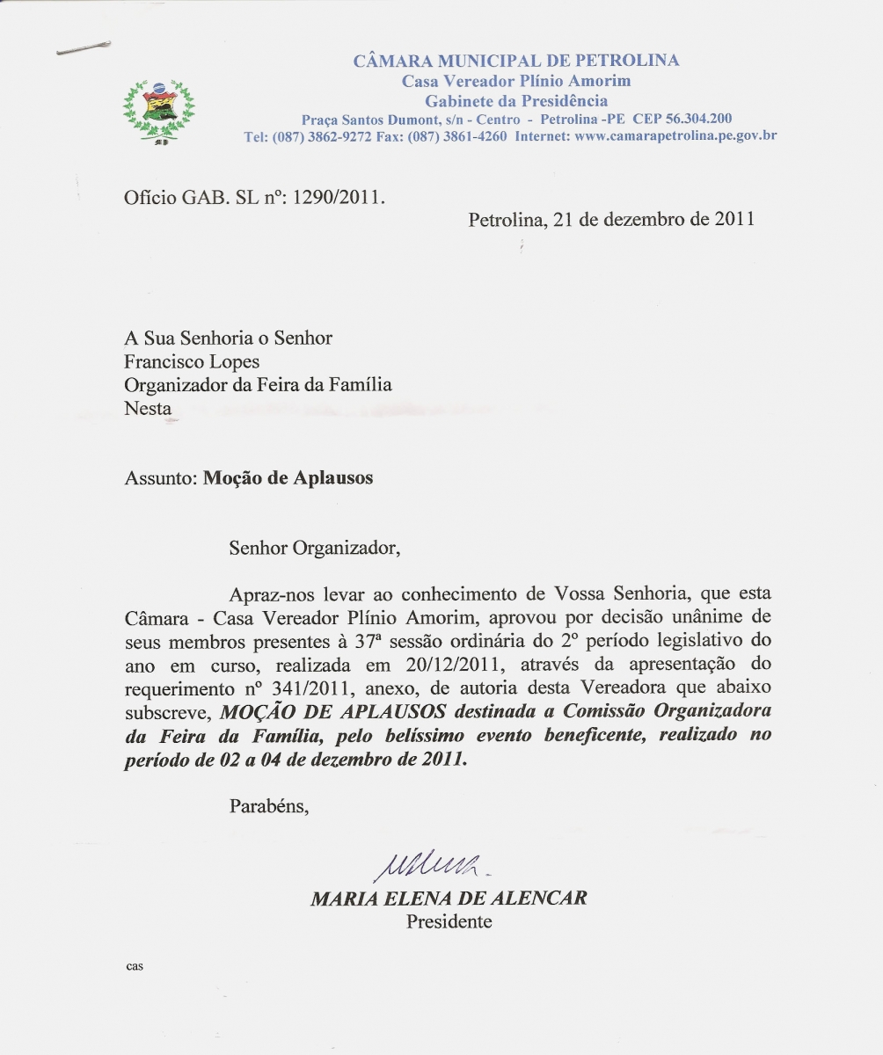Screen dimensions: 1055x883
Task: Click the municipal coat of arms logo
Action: click(158, 110)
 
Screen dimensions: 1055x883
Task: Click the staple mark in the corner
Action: click(84, 48)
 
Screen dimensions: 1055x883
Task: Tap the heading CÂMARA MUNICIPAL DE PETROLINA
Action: click(516, 61)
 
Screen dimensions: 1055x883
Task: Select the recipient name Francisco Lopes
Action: click(192, 361)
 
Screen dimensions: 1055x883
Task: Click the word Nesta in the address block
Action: click(148, 408)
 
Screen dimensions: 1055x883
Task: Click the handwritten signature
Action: click(431, 866)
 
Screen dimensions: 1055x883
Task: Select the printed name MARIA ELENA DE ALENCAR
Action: click(449, 899)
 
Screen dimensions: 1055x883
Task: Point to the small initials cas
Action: click(134, 966)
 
